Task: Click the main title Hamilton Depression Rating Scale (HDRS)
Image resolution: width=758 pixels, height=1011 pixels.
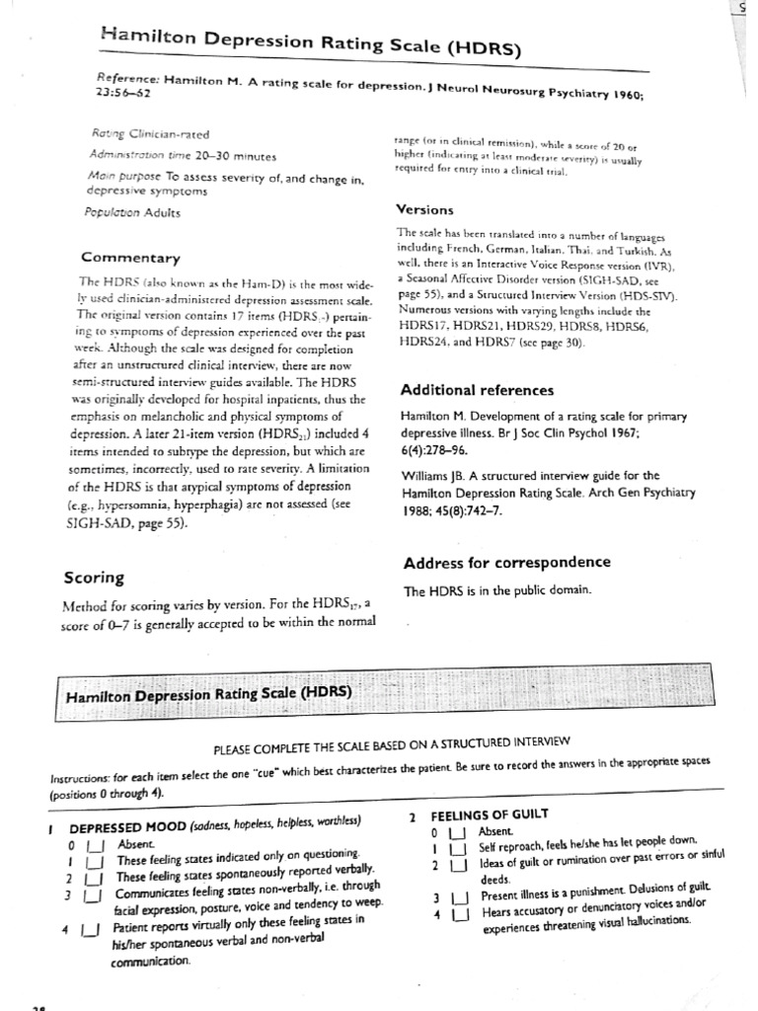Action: click(x=311, y=42)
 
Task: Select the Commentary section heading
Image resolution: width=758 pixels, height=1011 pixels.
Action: click(x=130, y=258)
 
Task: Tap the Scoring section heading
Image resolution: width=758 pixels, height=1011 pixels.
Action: click(x=94, y=578)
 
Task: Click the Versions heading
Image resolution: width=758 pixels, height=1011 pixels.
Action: click(x=424, y=209)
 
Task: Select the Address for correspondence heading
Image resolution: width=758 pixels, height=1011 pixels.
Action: click(x=507, y=563)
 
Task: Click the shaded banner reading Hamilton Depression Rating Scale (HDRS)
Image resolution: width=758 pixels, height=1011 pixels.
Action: click(x=207, y=694)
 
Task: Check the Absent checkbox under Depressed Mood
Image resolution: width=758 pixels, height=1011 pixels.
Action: click(x=95, y=846)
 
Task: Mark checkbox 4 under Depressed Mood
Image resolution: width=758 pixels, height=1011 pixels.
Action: click(x=90, y=929)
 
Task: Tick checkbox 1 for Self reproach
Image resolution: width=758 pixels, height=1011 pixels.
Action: click(x=457, y=848)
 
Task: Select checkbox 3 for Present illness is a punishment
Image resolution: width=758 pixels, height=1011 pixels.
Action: click(x=457, y=898)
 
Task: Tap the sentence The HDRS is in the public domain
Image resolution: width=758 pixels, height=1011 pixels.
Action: click(x=496, y=590)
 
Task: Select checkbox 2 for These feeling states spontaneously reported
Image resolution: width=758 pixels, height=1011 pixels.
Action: click(x=95, y=878)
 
